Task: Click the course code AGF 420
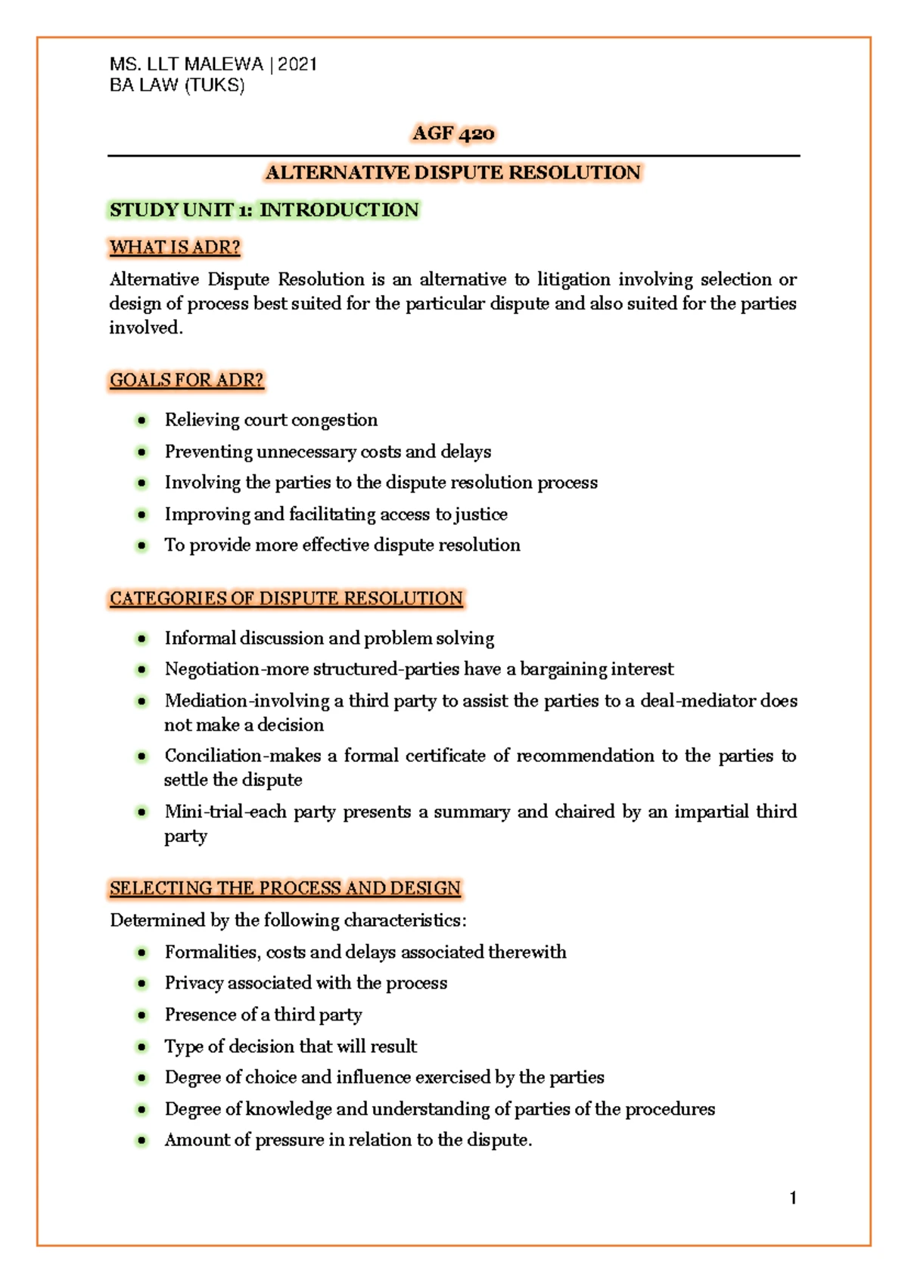[453, 134]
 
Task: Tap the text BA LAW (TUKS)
[177, 85]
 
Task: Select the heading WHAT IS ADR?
[175, 247]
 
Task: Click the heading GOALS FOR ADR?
[187, 380]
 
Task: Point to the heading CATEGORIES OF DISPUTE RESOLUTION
[286, 598]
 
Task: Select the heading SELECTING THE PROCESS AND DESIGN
[285, 888]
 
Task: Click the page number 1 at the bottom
[792, 1198]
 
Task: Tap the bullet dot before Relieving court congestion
[141, 420]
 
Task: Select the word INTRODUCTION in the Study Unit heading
[339, 210]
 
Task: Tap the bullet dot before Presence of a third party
[141, 1014]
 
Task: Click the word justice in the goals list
[480, 514]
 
